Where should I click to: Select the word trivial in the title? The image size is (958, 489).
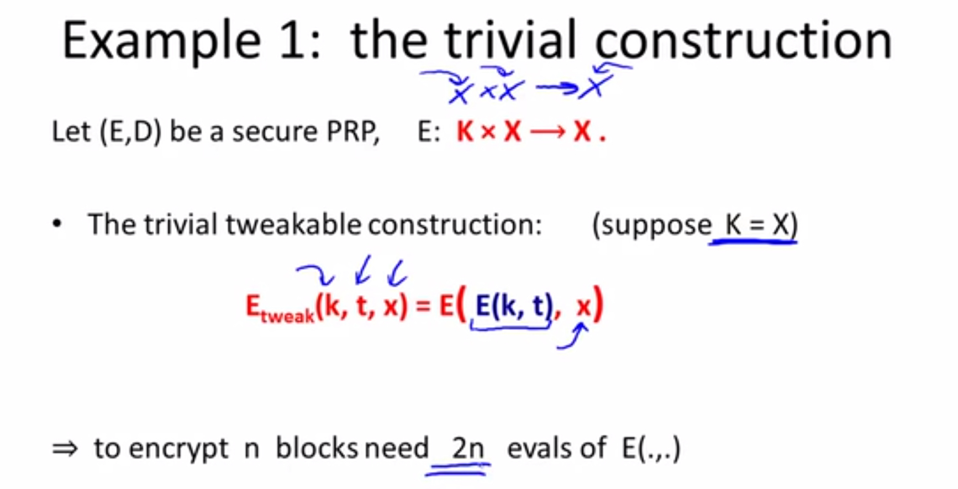(x=510, y=40)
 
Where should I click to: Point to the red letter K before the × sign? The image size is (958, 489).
(x=465, y=132)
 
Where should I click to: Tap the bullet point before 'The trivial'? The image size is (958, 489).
(x=57, y=224)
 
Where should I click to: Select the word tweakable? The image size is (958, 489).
(x=293, y=224)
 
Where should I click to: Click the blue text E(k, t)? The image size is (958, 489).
(x=514, y=306)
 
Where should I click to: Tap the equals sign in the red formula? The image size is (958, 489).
(x=423, y=306)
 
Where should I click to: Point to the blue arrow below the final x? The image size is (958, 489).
(x=573, y=336)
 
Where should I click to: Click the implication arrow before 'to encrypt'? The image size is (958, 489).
(x=65, y=449)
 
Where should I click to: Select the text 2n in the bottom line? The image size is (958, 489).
(x=468, y=448)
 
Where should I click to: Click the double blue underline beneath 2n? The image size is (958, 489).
(x=457, y=470)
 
